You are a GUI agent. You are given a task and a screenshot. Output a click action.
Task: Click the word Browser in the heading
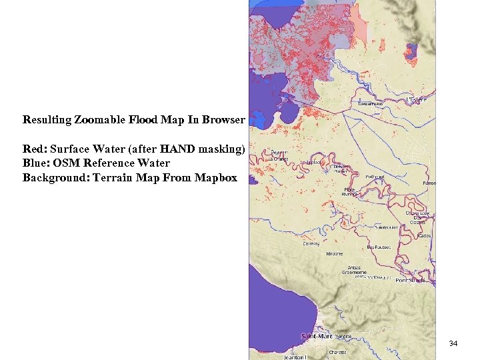click(225, 121)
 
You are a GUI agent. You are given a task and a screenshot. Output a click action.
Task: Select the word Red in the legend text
click(33, 149)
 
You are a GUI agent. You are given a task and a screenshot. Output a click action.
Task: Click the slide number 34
click(453, 343)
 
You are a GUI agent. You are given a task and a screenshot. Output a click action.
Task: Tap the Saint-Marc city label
click(317, 336)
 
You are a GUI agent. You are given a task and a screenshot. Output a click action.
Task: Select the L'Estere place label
click(417, 99)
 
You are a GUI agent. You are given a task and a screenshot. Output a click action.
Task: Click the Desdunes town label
click(371, 104)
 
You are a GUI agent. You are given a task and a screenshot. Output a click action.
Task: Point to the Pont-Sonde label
click(411, 281)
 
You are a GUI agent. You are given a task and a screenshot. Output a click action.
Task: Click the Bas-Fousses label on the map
click(379, 247)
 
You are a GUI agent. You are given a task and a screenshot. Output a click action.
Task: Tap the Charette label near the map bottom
click(337, 352)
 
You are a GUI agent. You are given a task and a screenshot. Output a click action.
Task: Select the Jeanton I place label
click(295, 357)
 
